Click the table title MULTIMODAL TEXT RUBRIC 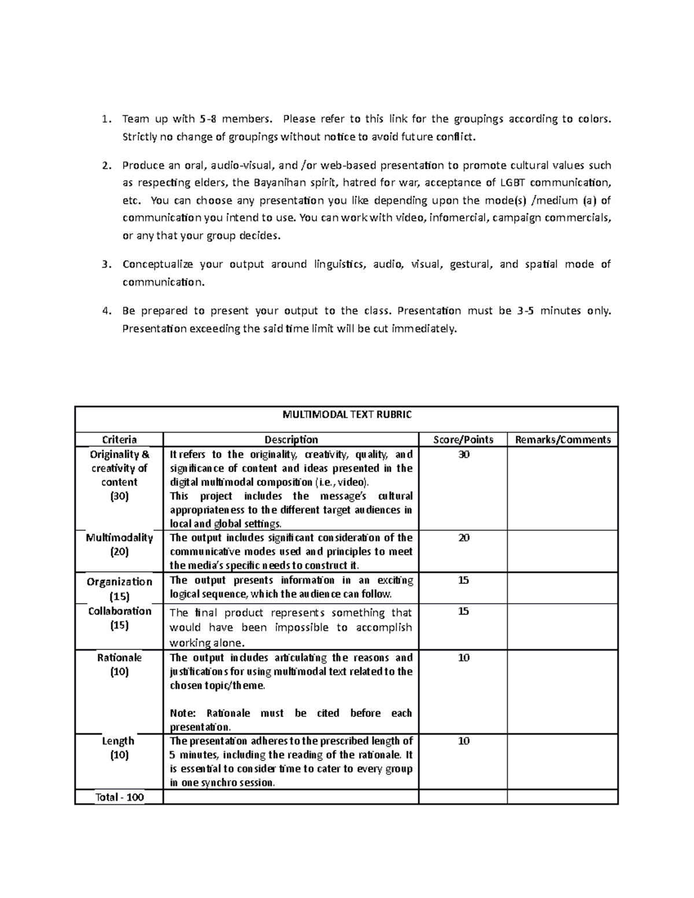[347, 415]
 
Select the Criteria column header [119, 439]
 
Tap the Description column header [291, 439]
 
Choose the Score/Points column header [463, 439]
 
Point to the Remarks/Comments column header [563, 439]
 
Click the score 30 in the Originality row [463, 455]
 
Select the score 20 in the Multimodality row [463, 538]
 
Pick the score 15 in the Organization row [463, 581]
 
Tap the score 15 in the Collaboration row [463, 612]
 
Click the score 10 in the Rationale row [463, 658]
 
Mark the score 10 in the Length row [463, 741]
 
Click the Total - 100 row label [119, 797]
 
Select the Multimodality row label [119, 538]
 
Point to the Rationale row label [119, 658]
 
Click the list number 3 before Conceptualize [105, 265]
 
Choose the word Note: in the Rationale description [183, 714]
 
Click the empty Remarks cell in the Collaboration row [563, 626]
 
